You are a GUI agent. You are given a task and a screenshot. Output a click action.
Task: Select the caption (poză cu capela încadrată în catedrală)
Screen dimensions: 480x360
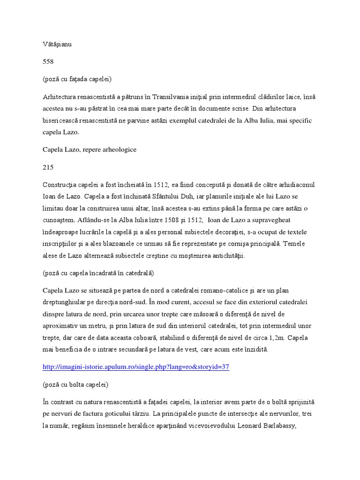tap(98, 273)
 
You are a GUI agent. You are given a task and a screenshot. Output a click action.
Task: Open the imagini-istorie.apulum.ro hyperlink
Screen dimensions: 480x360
tap(136, 367)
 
